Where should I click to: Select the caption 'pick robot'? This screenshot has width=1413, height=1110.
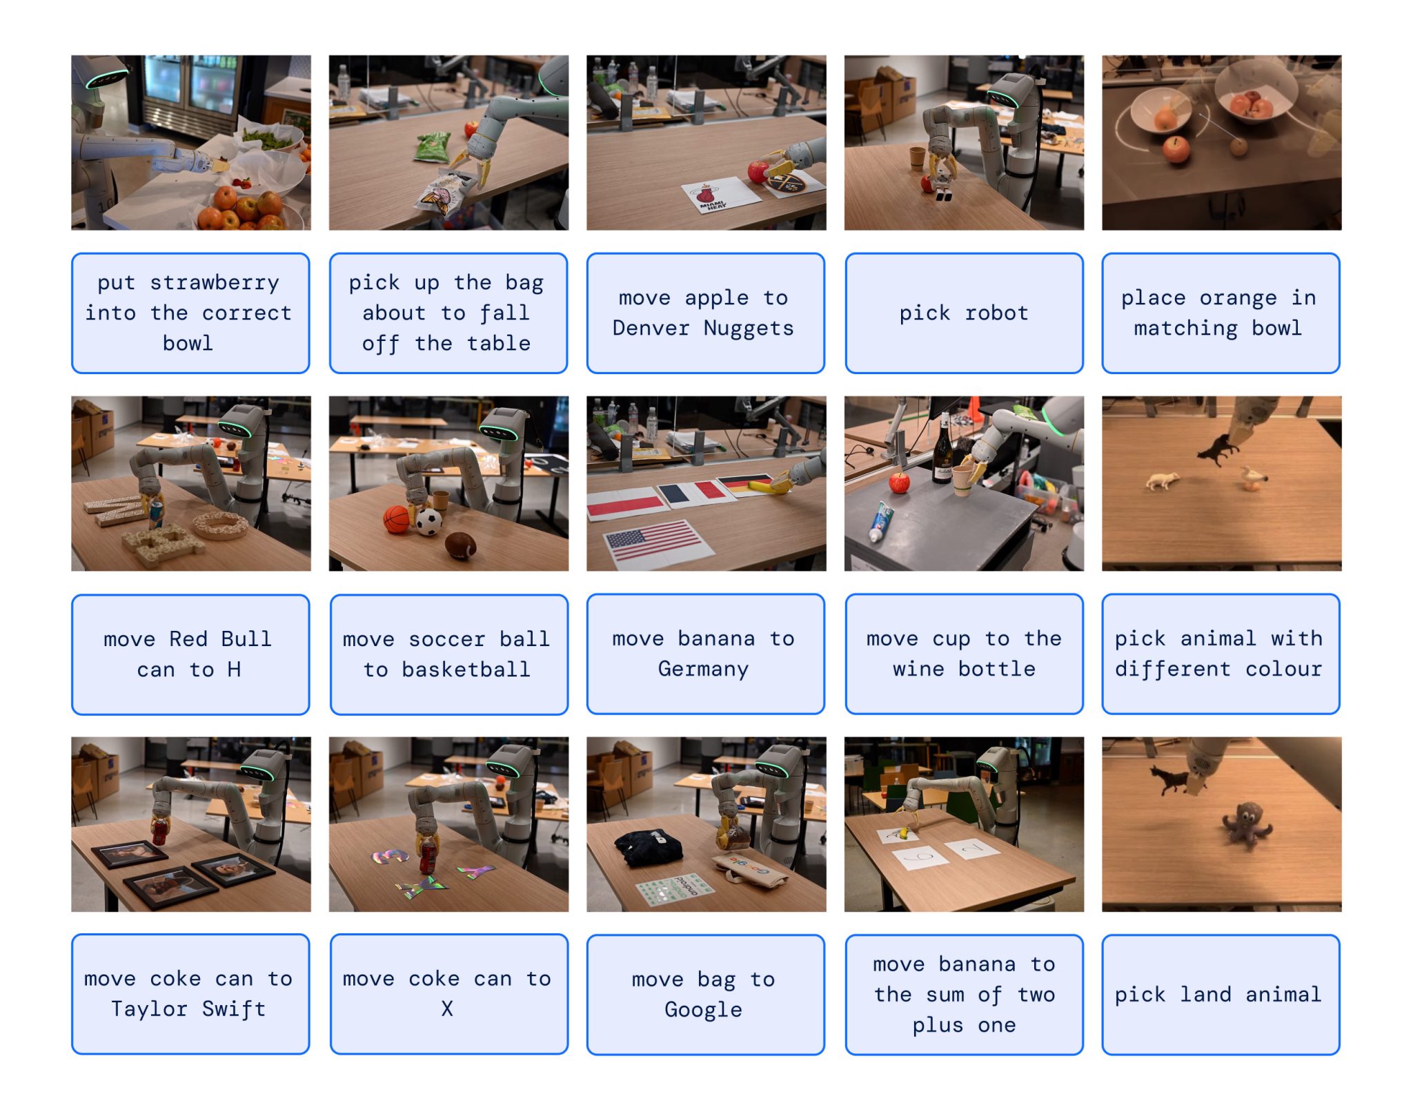point(963,313)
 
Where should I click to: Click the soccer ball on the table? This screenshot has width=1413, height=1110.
point(428,522)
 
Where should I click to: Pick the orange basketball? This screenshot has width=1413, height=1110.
point(397,519)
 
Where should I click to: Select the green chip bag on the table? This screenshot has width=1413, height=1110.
point(433,147)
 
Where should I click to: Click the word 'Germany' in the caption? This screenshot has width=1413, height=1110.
point(702,669)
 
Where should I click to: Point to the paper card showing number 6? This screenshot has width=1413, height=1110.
point(922,858)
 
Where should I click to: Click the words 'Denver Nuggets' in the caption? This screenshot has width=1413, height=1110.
point(702,328)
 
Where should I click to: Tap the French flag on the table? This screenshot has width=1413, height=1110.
point(692,492)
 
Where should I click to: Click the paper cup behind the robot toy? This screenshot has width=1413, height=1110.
point(916,158)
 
